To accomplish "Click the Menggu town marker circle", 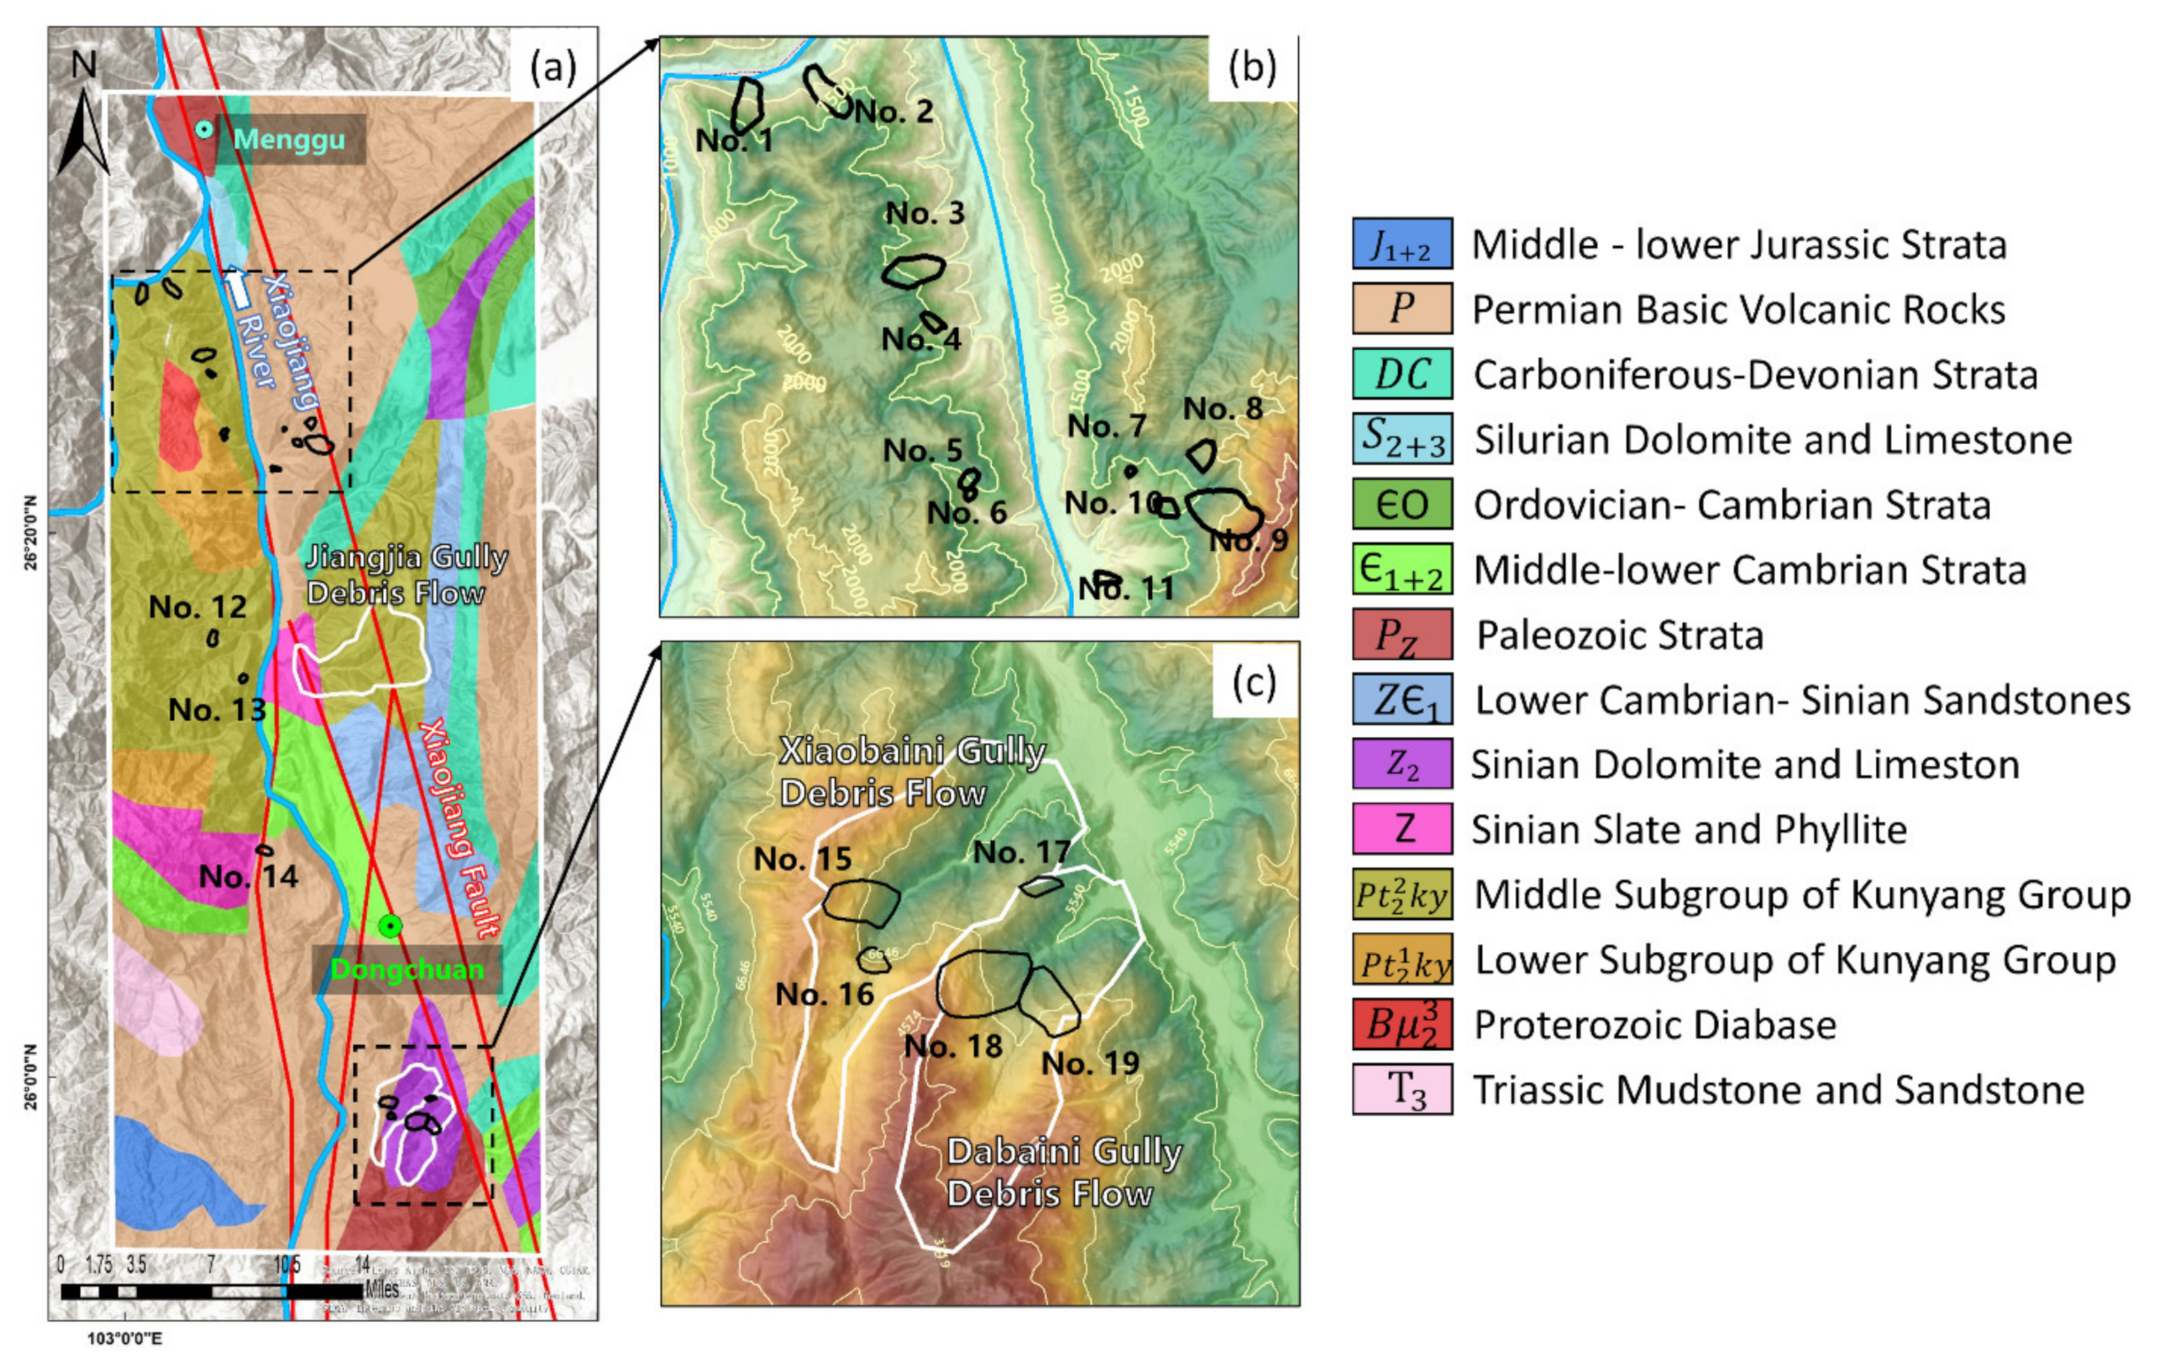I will click(x=205, y=129).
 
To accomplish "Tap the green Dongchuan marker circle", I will click(x=389, y=926).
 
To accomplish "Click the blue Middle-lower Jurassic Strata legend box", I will click(x=1402, y=244).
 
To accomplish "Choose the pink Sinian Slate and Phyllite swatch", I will click(x=1402, y=828).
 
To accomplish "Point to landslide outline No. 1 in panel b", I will click(x=746, y=105).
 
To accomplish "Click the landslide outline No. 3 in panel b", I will click(x=913, y=270).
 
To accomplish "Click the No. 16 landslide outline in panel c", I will click(x=874, y=960).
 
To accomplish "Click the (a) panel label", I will click(x=553, y=67).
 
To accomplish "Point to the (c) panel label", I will click(x=1254, y=683).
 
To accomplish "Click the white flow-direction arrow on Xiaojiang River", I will click(x=237, y=287).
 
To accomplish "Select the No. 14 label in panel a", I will click(x=248, y=876).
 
